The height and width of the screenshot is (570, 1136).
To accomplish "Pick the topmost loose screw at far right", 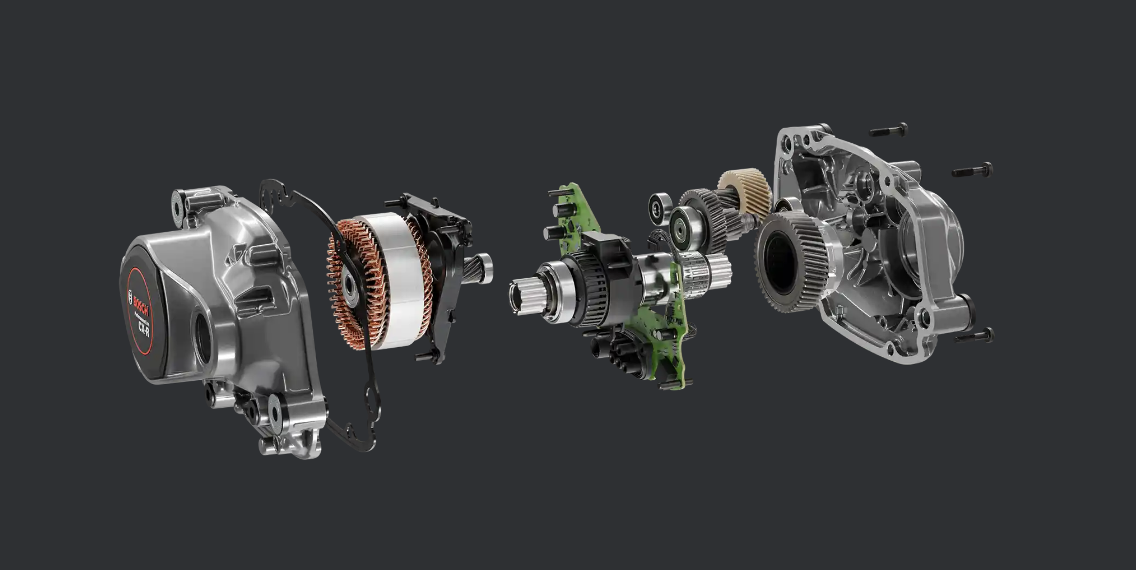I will point(888,130).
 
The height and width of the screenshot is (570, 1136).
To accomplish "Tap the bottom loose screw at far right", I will point(974,335).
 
